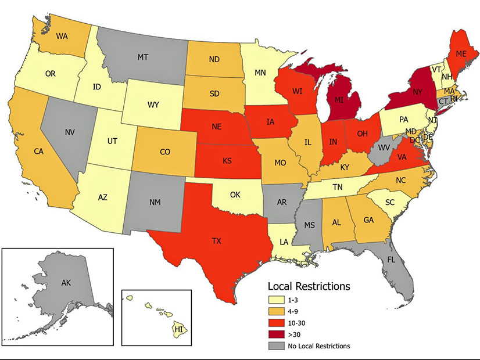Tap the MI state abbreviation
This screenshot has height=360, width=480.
tap(338, 99)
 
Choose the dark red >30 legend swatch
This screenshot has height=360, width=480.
tap(276, 334)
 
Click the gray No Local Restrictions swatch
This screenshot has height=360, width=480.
tap(276, 347)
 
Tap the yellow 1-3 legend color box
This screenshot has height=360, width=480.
tap(276, 300)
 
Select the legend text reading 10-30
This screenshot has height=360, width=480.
tap(299, 323)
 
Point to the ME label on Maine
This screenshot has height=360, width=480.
tap(445, 53)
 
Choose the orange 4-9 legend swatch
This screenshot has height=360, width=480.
tap(276, 311)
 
